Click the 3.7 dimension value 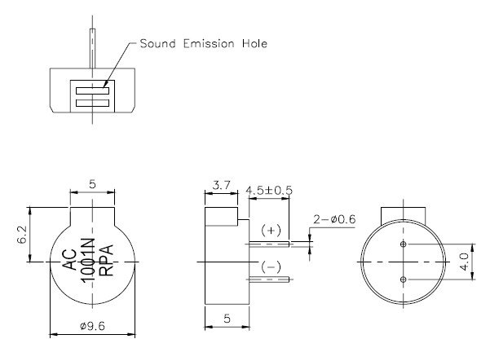219,186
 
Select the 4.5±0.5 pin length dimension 270,191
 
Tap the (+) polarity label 272,231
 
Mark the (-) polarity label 272,267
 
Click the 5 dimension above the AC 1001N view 92,185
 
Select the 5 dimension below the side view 225,320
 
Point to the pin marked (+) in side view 269,243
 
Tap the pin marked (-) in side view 269,279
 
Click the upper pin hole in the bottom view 404,244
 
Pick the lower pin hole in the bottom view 404,280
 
